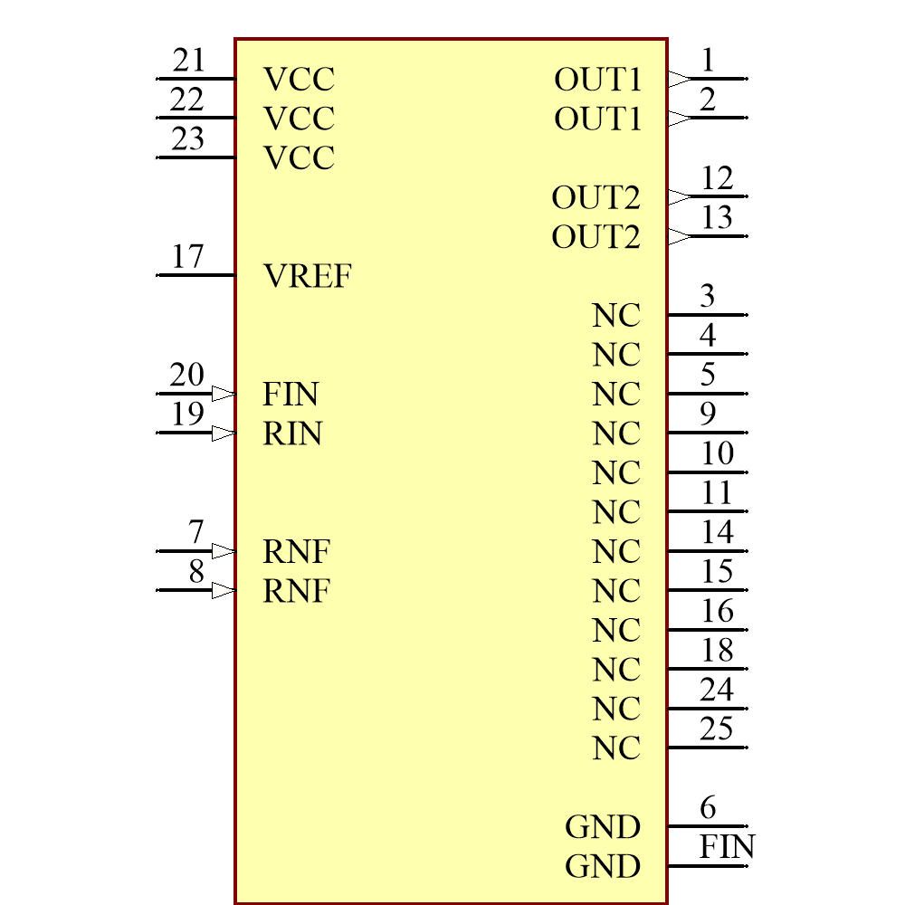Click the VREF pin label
pos(307,276)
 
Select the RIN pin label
pos(292,433)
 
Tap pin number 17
pos(187,256)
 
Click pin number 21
pos(188,61)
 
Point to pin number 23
pos(187,139)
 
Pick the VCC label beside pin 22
pos(299,119)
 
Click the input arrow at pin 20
pos(224,394)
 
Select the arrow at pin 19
pos(224,433)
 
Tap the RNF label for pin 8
pos(296,591)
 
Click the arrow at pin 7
pos(224,551)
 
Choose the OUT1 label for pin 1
pos(597,80)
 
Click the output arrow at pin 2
pos(679,119)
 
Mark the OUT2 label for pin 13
pos(595,237)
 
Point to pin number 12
pos(717,178)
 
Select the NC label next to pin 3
pos(616,316)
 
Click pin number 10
pos(717,452)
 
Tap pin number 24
pos(716,691)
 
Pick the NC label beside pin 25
pos(616,748)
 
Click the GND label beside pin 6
pos(602,827)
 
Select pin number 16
pos(717,612)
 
